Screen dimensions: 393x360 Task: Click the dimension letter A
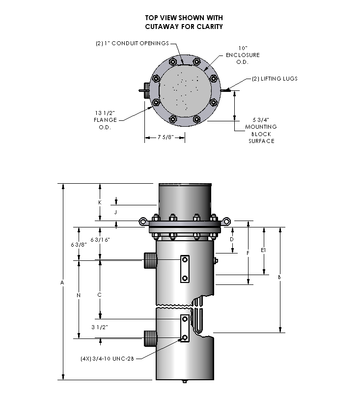(x=62, y=282)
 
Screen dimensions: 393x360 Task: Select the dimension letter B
(x=279, y=277)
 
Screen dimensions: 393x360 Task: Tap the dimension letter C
(x=100, y=295)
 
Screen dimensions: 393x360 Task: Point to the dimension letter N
(x=79, y=295)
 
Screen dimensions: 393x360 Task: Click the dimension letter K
(x=100, y=202)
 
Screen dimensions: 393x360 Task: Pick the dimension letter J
(x=116, y=212)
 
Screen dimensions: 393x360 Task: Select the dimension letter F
(x=248, y=253)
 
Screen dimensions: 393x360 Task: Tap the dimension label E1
(x=264, y=251)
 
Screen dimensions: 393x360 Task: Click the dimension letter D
(x=232, y=239)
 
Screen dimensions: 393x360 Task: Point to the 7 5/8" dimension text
(x=165, y=138)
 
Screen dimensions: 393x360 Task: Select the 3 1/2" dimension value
(x=100, y=327)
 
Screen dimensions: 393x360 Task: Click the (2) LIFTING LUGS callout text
(x=275, y=79)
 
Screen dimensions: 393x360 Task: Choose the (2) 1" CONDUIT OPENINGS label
(x=132, y=43)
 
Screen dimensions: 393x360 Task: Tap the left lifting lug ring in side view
(x=142, y=221)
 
